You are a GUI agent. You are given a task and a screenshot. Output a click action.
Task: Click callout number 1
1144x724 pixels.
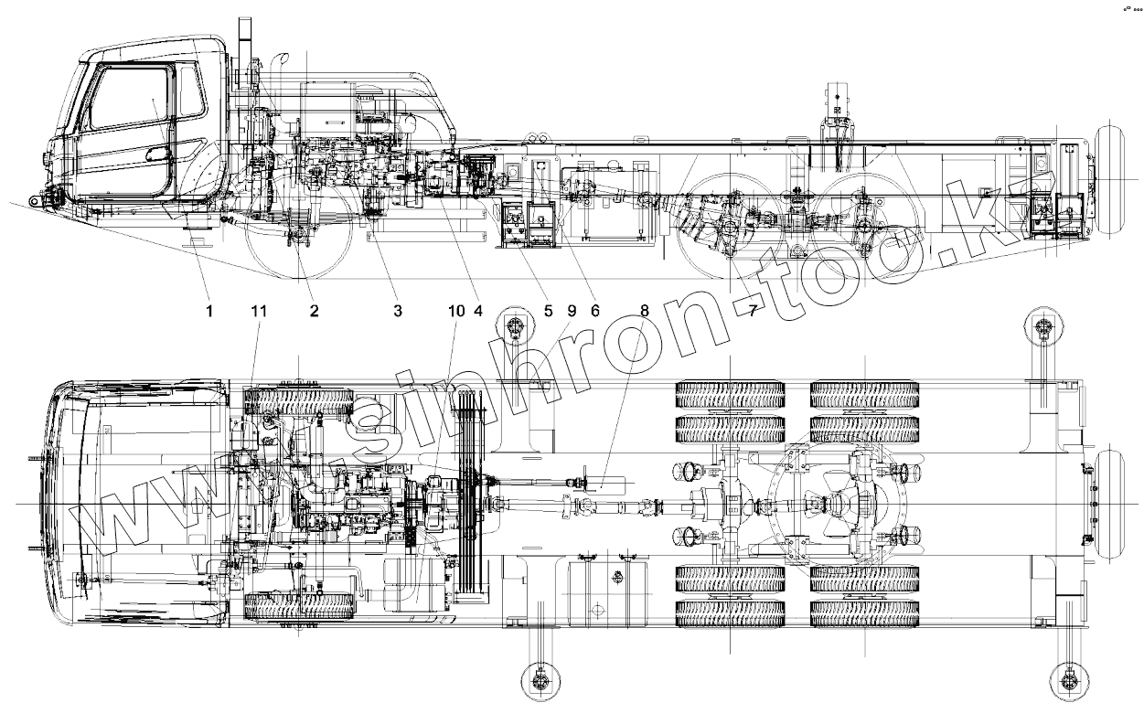pyautogui.click(x=208, y=311)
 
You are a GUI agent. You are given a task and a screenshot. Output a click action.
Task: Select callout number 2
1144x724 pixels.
pyautogui.click(x=314, y=311)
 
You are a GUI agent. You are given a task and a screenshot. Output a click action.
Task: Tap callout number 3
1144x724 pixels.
pyautogui.click(x=398, y=311)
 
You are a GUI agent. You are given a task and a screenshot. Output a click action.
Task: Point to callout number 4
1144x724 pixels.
pyautogui.click(x=477, y=311)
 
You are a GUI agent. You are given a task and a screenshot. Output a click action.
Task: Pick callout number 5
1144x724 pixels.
pyautogui.click(x=549, y=311)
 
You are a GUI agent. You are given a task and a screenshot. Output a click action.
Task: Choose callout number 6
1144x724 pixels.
pyautogui.click(x=594, y=311)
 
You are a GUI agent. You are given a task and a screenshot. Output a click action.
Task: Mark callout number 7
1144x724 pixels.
pyautogui.click(x=752, y=311)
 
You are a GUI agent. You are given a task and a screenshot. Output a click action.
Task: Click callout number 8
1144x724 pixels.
pyautogui.click(x=645, y=311)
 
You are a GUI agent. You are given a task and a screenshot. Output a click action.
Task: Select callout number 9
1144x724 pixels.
pyautogui.click(x=572, y=311)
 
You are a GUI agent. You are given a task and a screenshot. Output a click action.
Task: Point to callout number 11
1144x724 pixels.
pyautogui.click(x=259, y=311)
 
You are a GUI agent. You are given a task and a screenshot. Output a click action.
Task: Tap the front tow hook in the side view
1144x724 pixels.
pyautogui.click(x=36, y=200)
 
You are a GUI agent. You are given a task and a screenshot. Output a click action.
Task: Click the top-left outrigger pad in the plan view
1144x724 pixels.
pyautogui.click(x=515, y=326)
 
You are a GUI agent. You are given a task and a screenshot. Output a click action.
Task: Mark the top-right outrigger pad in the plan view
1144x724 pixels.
pyautogui.click(x=1042, y=326)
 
